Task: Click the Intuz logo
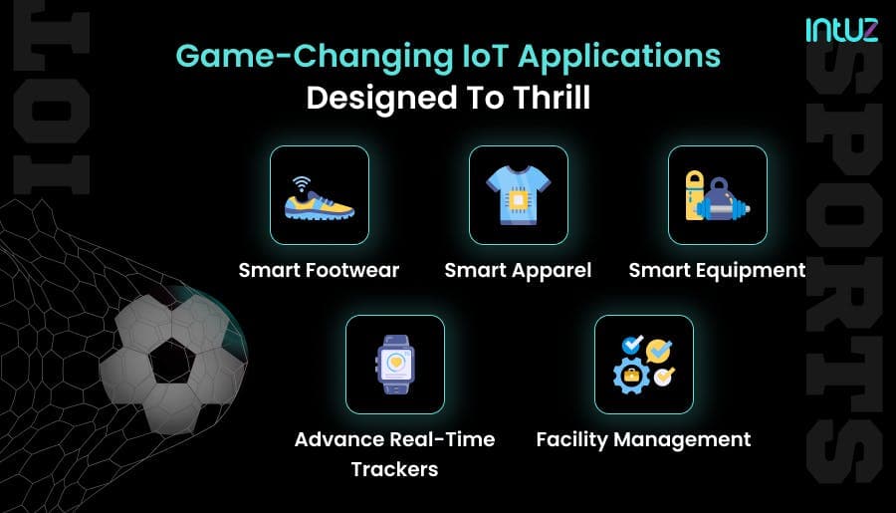(x=841, y=30)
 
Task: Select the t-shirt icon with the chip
(x=519, y=195)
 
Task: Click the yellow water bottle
(x=695, y=195)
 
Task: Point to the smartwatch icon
(x=395, y=365)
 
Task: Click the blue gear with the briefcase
(x=631, y=376)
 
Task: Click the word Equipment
(x=751, y=271)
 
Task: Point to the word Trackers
(x=395, y=469)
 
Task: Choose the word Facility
(x=572, y=440)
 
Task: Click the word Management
(x=682, y=440)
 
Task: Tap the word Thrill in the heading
(x=551, y=98)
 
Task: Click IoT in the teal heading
(x=485, y=56)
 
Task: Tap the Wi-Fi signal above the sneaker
(x=301, y=184)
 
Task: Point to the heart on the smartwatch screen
(x=395, y=362)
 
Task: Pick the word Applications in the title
(x=619, y=57)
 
